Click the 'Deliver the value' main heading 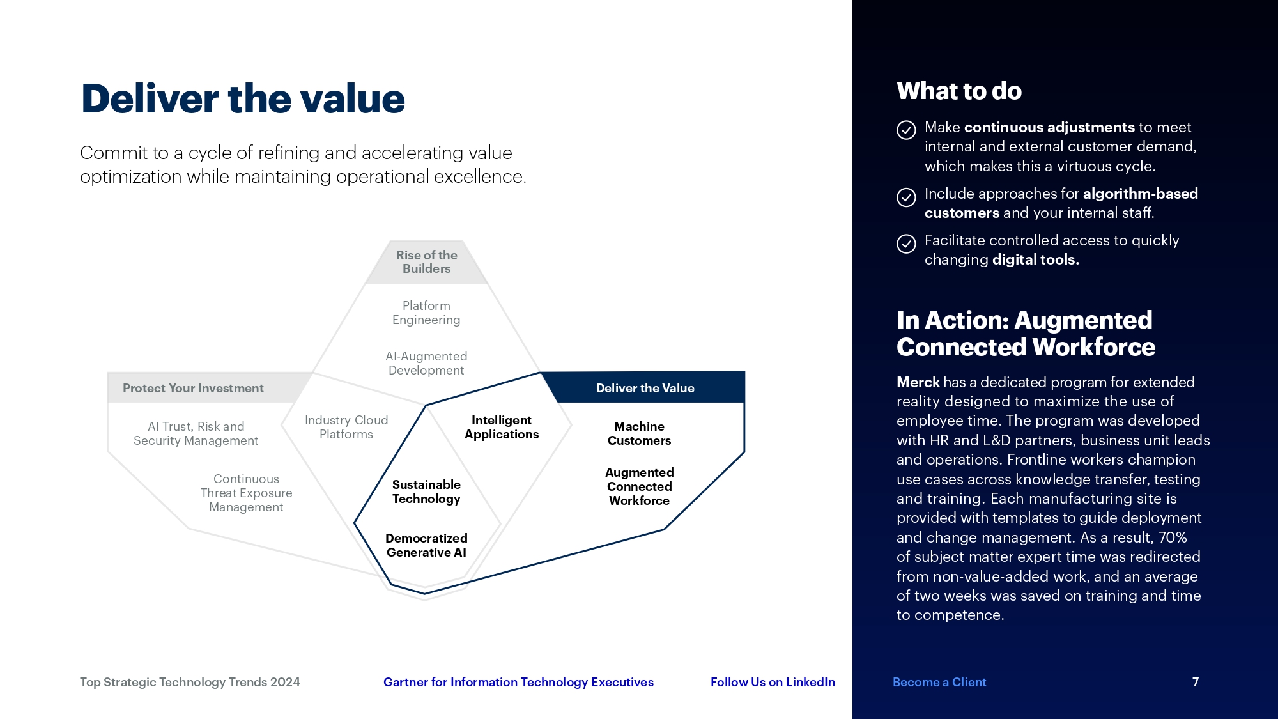[243, 99]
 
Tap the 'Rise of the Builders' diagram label [426, 262]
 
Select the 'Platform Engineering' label [426, 313]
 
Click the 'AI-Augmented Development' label [426, 363]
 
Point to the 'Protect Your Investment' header [193, 388]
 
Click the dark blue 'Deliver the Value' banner [645, 388]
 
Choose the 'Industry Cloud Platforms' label [346, 427]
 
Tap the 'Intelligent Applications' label [502, 427]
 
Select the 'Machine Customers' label [639, 433]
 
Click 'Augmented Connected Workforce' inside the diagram [639, 486]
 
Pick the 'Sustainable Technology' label [426, 491]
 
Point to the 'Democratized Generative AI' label [426, 545]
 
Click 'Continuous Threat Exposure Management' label [246, 493]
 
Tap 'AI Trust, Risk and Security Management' [196, 433]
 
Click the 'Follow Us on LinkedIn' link [773, 682]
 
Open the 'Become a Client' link [939, 682]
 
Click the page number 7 [1196, 682]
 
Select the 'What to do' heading [958, 91]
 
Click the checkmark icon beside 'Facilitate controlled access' [906, 244]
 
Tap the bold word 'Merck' [918, 382]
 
